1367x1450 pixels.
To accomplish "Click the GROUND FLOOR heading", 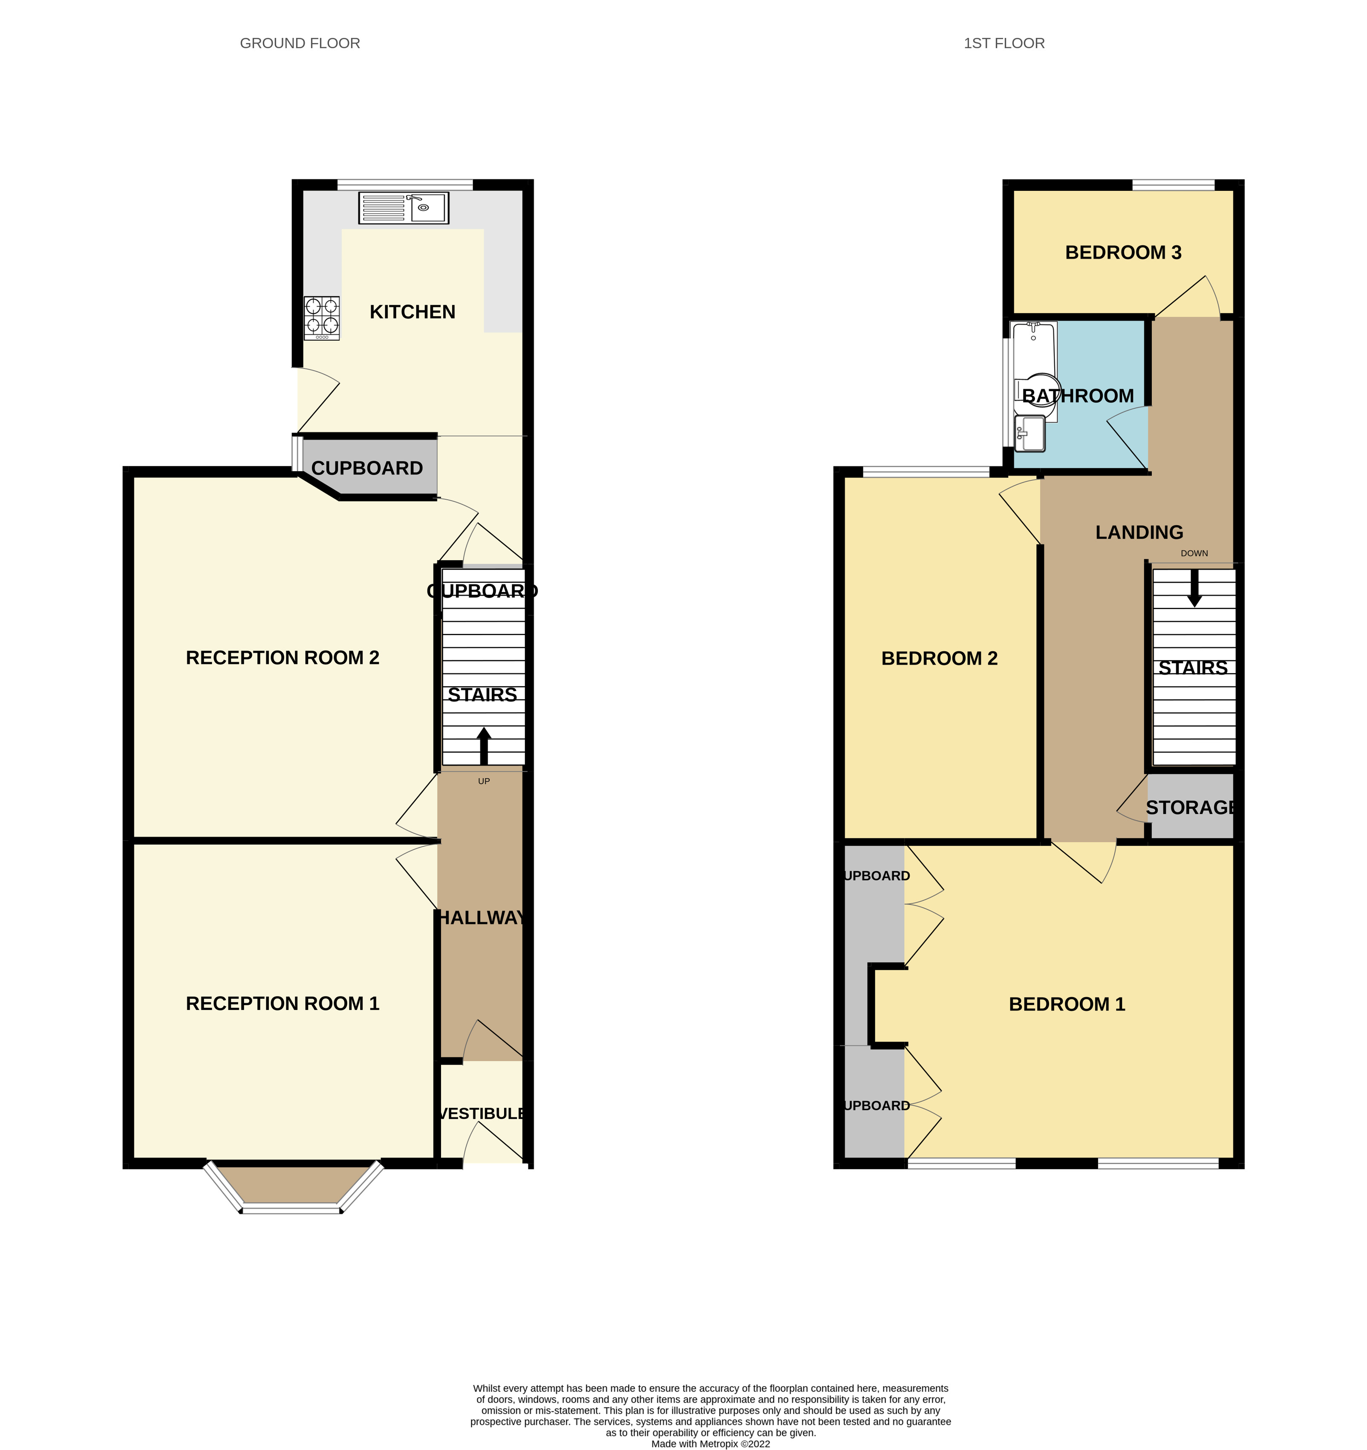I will [300, 43].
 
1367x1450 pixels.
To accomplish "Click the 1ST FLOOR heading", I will [1004, 43].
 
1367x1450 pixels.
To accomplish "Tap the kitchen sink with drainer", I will [404, 208].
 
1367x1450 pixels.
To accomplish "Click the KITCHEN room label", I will [412, 312].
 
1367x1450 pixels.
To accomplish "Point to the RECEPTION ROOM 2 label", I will [282, 658].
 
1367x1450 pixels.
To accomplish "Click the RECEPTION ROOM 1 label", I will [282, 1004].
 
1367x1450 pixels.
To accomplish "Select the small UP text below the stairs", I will [484, 781].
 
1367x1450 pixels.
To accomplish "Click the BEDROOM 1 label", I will [1067, 1004].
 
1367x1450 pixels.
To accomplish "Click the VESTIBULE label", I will [482, 1114].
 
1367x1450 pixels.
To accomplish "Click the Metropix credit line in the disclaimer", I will [710, 1444].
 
